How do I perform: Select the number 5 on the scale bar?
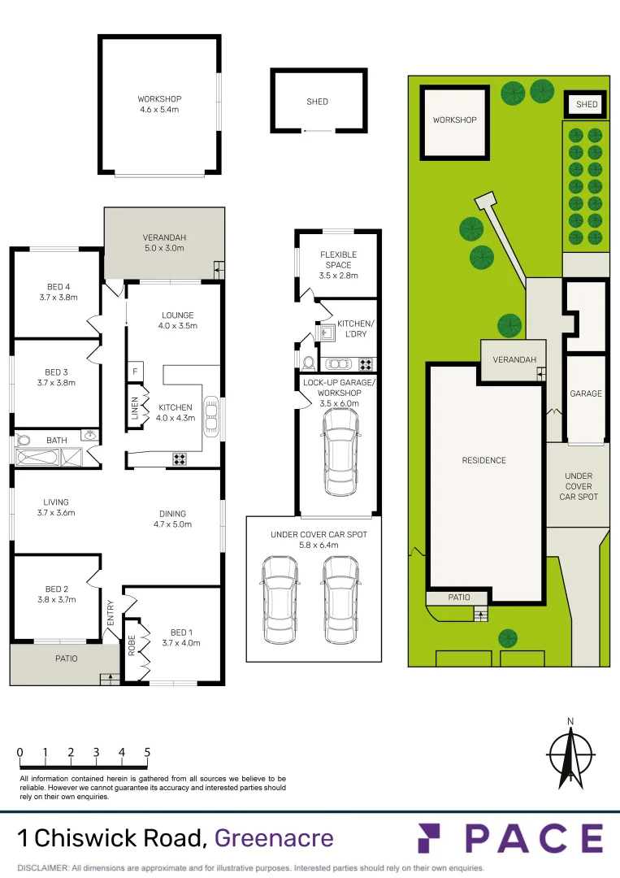coord(147,752)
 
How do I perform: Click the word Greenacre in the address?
coord(274,837)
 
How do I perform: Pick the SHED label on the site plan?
coord(587,104)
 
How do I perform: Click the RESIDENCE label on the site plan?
coord(483,460)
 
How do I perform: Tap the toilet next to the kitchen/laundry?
coord(308,362)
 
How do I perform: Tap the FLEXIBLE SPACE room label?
coord(338,259)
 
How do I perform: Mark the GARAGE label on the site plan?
coord(586,393)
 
